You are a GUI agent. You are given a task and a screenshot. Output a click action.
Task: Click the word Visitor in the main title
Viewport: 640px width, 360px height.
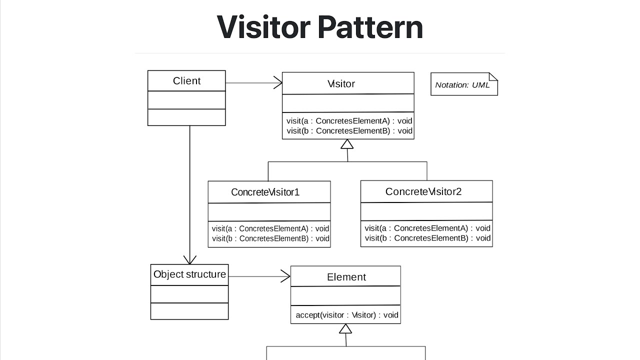tap(263, 27)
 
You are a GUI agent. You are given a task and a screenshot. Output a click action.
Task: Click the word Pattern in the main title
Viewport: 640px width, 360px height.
tap(370, 27)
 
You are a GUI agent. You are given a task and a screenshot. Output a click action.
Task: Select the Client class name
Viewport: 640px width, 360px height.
tap(186, 81)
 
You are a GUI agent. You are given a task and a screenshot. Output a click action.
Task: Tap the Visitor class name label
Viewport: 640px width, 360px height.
tap(341, 84)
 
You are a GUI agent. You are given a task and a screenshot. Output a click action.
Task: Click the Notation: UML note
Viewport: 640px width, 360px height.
tap(462, 85)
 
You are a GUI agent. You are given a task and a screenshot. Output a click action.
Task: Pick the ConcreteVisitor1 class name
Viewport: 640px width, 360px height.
tap(265, 192)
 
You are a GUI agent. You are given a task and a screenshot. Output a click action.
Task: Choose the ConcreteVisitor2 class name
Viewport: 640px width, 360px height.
tap(423, 191)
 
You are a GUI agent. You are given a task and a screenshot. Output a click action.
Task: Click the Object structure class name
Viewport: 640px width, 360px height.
tap(189, 274)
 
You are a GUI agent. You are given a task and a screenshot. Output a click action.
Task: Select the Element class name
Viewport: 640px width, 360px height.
tap(346, 277)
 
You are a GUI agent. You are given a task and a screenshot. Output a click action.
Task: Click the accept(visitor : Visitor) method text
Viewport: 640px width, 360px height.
tap(347, 315)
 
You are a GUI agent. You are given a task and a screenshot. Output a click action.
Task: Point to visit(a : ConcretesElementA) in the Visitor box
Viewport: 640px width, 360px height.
tap(349, 120)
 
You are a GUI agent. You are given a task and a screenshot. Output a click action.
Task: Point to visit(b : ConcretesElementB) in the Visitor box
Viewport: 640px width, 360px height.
tap(349, 131)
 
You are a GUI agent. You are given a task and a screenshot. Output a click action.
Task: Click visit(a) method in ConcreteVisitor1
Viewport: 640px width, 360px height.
tap(270, 228)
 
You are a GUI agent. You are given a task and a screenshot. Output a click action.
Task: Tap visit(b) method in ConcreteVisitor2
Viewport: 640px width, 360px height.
tap(427, 238)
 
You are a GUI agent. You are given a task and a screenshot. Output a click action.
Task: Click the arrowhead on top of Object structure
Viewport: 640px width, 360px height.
tap(189, 260)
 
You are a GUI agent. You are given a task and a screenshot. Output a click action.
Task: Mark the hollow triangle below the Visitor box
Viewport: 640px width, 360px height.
tap(347, 144)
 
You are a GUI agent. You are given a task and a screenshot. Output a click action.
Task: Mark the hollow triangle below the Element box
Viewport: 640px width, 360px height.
tap(345, 329)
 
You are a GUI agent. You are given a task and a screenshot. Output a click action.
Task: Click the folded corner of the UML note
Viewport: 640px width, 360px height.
tap(493, 77)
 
